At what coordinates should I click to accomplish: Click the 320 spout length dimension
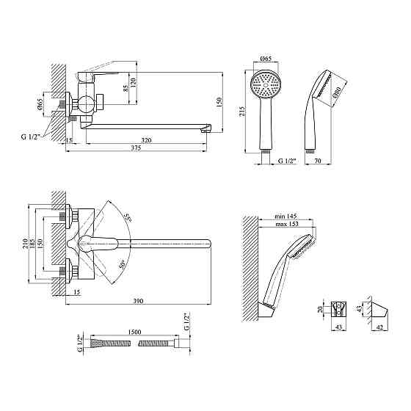pos(146,140)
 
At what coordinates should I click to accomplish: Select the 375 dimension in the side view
pos(136,148)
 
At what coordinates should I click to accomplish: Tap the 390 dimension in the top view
pos(138,301)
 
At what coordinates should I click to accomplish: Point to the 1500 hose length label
pos(134,332)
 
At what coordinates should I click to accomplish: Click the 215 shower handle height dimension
pos(241,112)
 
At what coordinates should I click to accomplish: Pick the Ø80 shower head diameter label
pos(338,92)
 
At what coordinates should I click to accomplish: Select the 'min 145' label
pos(285,217)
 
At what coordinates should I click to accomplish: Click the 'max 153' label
pos(287,224)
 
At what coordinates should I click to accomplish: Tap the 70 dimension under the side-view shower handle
pos(317,161)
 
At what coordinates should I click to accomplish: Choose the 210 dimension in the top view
pos(26,244)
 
